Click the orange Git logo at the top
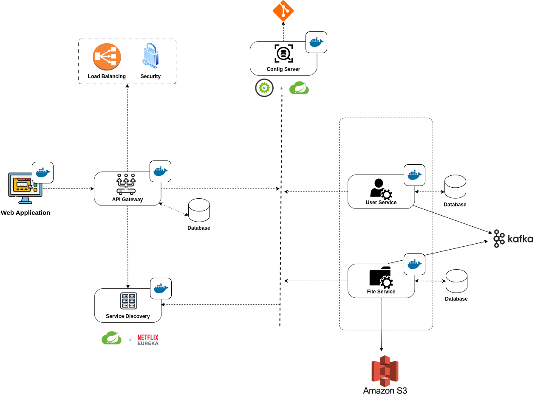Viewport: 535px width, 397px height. coord(283,11)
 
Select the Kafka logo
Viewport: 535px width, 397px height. coord(513,239)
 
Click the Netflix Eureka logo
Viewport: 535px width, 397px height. coord(148,340)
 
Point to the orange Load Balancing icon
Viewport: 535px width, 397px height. coord(107,57)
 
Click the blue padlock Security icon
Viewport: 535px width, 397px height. coord(150,56)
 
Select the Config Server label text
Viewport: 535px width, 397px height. coord(283,69)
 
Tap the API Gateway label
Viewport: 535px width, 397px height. coord(127,200)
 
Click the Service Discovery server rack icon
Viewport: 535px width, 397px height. coord(128,301)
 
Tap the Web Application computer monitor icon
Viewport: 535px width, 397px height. coord(25,187)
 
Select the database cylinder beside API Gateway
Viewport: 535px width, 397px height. coord(199,210)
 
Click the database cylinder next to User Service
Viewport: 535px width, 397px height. coord(455,186)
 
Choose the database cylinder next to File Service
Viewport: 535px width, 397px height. coord(456,281)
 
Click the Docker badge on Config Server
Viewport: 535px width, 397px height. coord(316,42)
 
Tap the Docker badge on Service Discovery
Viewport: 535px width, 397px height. coord(161,288)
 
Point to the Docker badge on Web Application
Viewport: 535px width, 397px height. coord(42,172)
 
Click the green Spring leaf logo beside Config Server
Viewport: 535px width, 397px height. coord(299,88)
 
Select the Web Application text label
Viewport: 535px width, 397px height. coord(25,213)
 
